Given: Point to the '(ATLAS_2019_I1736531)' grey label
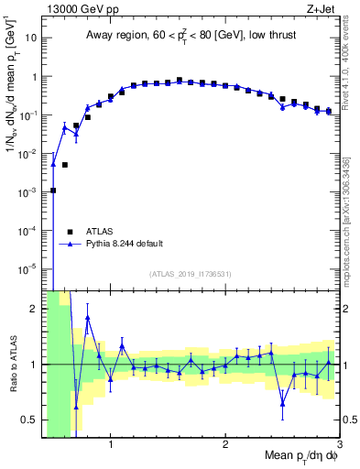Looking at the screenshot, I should click(191, 274).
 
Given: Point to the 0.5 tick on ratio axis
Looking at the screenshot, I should click(30, 420).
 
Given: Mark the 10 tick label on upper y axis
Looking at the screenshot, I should click(30, 38).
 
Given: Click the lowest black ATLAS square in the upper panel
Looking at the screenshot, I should click(53, 191).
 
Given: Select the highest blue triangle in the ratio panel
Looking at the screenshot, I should click(88, 318).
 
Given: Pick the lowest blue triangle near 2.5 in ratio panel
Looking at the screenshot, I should click(283, 403).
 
